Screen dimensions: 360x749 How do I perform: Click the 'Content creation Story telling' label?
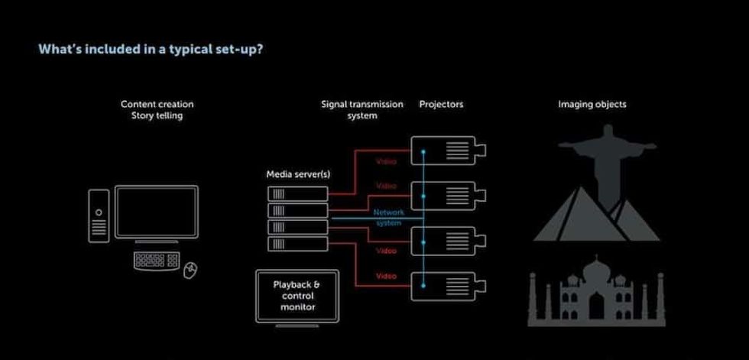coord(157,109)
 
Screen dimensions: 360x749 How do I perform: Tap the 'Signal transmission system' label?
coord(362,109)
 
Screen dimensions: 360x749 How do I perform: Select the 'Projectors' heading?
coord(441,104)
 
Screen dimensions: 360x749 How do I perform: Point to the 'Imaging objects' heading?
coord(592,104)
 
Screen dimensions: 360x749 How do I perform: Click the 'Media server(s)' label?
coord(297,174)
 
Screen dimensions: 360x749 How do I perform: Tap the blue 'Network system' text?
coord(388,217)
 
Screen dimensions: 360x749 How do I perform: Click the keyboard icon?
coord(156,260)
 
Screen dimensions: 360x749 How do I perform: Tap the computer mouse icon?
coord(191,268)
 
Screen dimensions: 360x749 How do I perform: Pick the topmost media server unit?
coord(297,193)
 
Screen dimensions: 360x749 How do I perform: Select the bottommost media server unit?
coord(297,243)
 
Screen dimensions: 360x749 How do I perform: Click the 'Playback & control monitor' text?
coord(297,295)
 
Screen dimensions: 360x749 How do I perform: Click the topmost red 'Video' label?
coord(386,162)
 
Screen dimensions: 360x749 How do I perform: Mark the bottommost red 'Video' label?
coord(386,276)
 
